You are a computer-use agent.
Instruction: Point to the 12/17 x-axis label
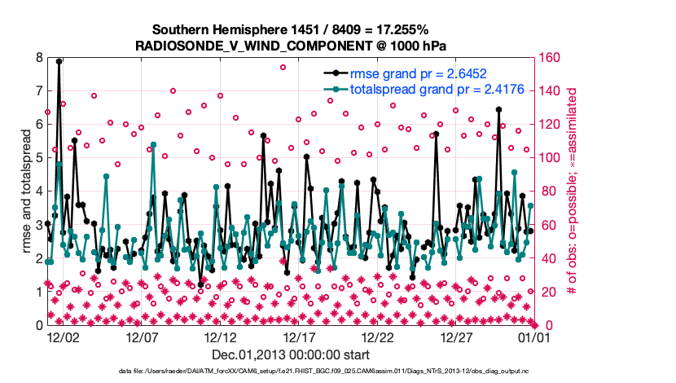[299, 337]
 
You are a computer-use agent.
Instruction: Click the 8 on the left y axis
[38, 58]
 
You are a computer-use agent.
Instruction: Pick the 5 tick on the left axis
[38, 158]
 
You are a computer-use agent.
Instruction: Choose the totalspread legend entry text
[426, 90]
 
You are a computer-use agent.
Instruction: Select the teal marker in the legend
[335, 90]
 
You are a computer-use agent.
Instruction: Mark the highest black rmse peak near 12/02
[59, 61]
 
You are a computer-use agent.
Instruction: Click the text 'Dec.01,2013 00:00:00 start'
[291, 355]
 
